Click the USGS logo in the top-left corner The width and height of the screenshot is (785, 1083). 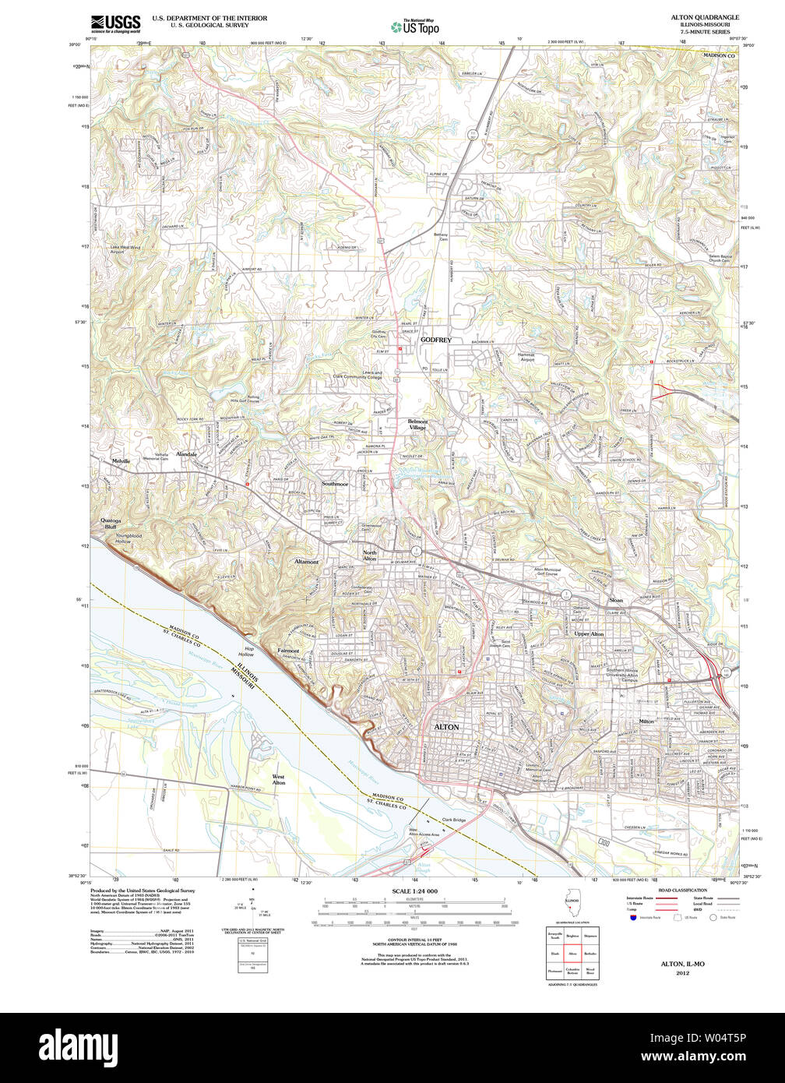pyautogui.click(x=115, y=23)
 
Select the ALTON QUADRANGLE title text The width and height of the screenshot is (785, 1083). pyautogui.click(x=705, y=17)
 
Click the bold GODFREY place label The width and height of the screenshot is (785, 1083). pyautogui.click(x=435, y=340)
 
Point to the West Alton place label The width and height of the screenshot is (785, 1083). pyautogui.click(x=278, y=779)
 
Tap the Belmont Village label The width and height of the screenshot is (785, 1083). pyautogui.click(x=417, y=425)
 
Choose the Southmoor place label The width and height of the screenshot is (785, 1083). pyautogui.click(x=335, y=484)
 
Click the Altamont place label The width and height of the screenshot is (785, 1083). pyautogui.click(x=306, y=561)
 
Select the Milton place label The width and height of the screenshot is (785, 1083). pyautogui.click(x=646, y=721)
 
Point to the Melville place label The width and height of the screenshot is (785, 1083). pyautogui.click(x=121, y=461)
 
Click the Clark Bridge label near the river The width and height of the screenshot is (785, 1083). pyautogui.click(x=453, y=820)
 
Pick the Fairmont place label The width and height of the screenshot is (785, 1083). pyautogui.click(x=288, y=651)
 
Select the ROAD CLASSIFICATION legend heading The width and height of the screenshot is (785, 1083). pyautogui.click(x=682, y=890)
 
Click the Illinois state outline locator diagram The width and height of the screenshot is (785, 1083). pyautogui.click(x=572, y=905)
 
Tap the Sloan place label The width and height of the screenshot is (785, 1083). pyautogui.click(x=615, y=601)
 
